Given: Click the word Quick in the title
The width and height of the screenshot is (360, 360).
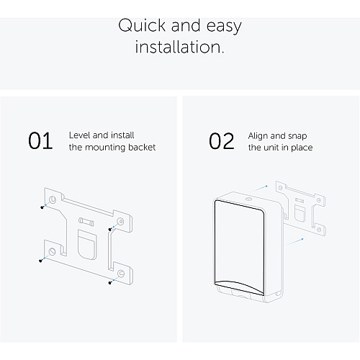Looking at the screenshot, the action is pyautogui.click(x=142, y=25).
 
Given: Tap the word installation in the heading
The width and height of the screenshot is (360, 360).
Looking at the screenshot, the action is pyautogui.click(x=179, y=47).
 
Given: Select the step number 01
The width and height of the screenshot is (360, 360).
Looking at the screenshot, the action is pyautogui.click(x=40, y=141).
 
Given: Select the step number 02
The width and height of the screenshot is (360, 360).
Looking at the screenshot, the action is pyautogui.click(x=221, y=141).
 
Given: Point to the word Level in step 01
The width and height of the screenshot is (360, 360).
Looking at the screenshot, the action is pyautogui.click(x=80, y=135).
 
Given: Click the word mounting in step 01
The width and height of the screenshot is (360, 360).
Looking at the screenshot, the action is pyautogui.click(x=105, y=148).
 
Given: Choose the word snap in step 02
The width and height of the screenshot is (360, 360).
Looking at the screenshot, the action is pyautogui.click(x=297, y=136).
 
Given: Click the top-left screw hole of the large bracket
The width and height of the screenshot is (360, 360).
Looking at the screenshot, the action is pyautogui.click(x=53, y=199).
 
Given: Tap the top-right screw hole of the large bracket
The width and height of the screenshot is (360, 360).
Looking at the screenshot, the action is pyautogui.click(x=120, y=221).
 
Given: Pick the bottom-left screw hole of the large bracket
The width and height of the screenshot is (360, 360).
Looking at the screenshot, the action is pyautogui.click(x=52, y=251).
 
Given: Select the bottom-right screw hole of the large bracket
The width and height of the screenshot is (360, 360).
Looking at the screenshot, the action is pyautogui.click(x=121, y=274).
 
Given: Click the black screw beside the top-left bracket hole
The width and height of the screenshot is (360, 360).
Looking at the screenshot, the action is pyautogui.click(x=42, y=207).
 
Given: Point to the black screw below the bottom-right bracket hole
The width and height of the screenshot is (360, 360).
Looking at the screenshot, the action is pyautogui.click(x=110, y=282).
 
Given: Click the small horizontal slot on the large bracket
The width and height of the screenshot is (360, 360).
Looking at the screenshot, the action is pyautogui.click(x=86, y=222).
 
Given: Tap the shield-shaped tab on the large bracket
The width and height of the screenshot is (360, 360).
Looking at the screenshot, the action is pyautogui.click(x=87, y=244).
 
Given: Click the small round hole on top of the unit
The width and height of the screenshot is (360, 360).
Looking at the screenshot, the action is pyautogui.click(x=248, y=199).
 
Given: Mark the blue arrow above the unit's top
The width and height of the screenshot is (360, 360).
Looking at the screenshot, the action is pyautogui.click(x=260, y=189).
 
